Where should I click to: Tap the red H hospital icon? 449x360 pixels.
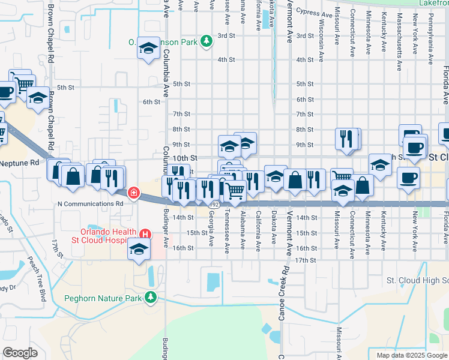tap(145, 234)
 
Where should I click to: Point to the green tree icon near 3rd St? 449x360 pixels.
tap(206, 41)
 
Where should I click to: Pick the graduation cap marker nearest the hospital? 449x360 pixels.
tap(139, 248)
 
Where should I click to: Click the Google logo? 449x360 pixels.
tap(20, 352)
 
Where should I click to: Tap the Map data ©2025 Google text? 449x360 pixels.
tap(412, 355)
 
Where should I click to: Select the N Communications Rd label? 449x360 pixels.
tap(90, 203)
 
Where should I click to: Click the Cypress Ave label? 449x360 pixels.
tap(315, 13)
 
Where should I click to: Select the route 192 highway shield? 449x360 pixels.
tap(214, 205)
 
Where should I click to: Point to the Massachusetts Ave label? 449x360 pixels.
tap(400, 36)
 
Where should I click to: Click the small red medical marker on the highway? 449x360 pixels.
tap(133, 193)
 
